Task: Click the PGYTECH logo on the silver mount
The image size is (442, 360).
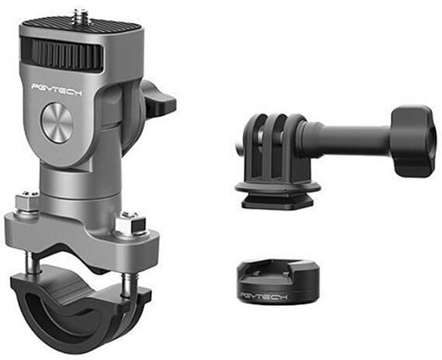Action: pyautogui.click(x=57, y=90)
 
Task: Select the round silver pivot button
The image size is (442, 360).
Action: pyautogui.click(x=57, y=123)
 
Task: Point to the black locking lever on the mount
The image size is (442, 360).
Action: pyautogui.click(x=157, y=99)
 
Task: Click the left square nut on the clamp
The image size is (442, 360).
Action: pyautogui.click(x=27, y=201)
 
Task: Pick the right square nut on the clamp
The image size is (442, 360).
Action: pyautogui.click(x=131, y=223)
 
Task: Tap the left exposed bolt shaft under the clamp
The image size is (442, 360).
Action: pyautogui.click(x=35, y=263)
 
